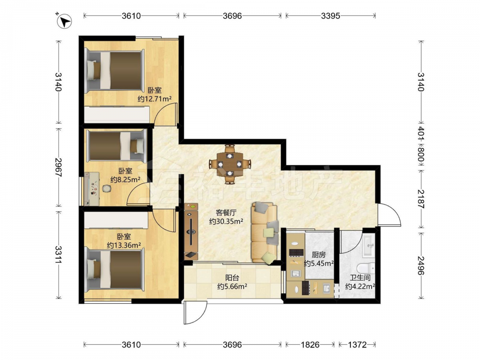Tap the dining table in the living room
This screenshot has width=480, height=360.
pyautogui.click(x=229, y=164)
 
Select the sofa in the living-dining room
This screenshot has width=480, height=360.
pyautogui.click(x=264, y=233)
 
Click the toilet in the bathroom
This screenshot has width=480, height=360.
pyautogui.click(x=367, y=268)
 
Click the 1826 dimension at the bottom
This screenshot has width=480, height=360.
pyautogui.click(x=310, y=345)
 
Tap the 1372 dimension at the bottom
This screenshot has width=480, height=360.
pyautogui.click(x=357, y=345)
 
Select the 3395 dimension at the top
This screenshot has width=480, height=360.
pyautogui.click(x=331, y=16)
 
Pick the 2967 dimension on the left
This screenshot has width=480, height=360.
pyautogui.click(x=58, y=167)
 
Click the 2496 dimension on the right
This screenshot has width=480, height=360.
pyautogui.click(x=421, y=265)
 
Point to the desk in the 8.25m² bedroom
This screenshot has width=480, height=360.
pyautogui.click(x=92, y=189)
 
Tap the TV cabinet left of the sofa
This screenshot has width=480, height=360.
pyautogui.click(x=192, y=232)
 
